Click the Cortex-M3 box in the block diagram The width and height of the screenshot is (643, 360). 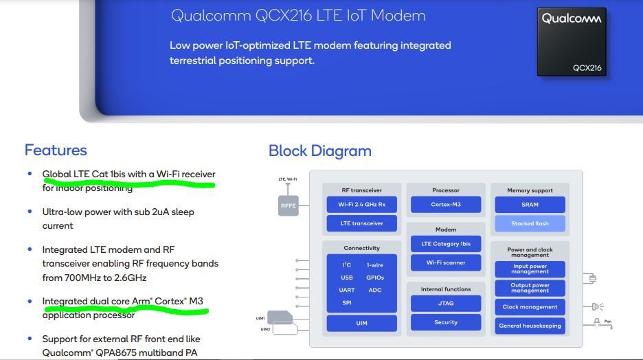click(x=446, y=204)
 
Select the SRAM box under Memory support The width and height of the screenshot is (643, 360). click(x=530, y=204)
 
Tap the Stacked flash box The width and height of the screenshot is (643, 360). click(x=530, y=223)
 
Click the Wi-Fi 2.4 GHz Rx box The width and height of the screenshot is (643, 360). click(x=361, y=204)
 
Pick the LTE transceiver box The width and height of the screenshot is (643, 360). click(x=361, y=223)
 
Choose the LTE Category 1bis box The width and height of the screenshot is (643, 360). click(x=446, y=244)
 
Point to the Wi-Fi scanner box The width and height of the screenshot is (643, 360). click(x=446, y=262)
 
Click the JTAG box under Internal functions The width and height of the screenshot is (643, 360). click(x=446, y=303)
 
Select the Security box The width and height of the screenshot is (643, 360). click(x=446, y=322)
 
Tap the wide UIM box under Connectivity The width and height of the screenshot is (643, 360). click(x=361, y=323)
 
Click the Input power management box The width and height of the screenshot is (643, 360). click(x=530, y=269)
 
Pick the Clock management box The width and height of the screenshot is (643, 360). click(x=530, y=307)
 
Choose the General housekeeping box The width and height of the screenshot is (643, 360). click(x=530, y=326)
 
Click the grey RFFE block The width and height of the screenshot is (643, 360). click(x=288, y=205)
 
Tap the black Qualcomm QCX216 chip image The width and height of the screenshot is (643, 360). click(x=571, y=41)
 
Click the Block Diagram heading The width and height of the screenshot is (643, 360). click(x=319, y=150)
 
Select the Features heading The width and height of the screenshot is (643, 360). click(x=56, y=150)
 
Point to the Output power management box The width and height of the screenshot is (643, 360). click(x=530, y=288)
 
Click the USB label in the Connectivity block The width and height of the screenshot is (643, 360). click(x=347, y=278)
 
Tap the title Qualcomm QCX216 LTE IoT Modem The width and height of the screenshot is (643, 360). click(x=297, y=15)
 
